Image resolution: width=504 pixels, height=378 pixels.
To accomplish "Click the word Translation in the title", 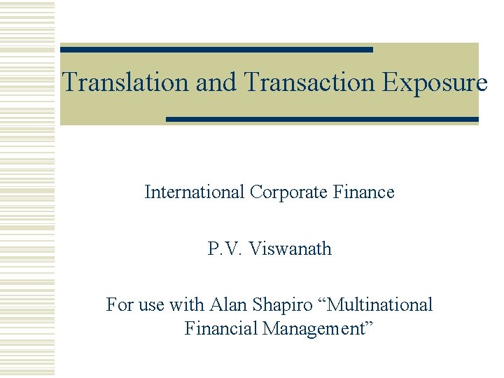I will [x=126, y=83].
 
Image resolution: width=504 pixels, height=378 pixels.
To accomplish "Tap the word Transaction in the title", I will [x=310, y=83].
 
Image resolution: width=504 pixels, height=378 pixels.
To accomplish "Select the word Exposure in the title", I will [x=435, y=83].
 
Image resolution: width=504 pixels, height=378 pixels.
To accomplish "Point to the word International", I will [x=194, y=192].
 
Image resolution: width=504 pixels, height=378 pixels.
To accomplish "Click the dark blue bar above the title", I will [x=216, y=50].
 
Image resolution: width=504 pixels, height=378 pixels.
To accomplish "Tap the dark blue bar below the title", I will [x=322, y=120].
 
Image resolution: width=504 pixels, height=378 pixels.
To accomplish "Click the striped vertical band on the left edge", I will [x=27, y=189].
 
